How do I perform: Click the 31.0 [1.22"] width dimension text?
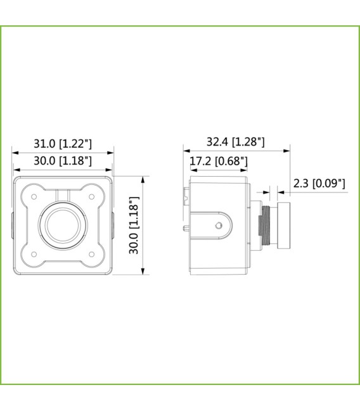(x=63, y=143)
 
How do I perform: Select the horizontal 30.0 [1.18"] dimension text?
(x=63, y=161)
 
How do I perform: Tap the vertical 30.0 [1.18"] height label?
(x=134, y=225)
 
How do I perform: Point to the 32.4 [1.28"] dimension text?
(x=236, y=142)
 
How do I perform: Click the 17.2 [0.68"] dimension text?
(x=219, y=161)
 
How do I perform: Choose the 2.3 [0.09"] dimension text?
(x=319, y=184)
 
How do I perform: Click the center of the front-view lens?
(x=62, y=225)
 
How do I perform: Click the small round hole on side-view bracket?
(x=219, y=225)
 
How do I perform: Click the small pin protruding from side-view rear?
(x=186, y=226)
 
